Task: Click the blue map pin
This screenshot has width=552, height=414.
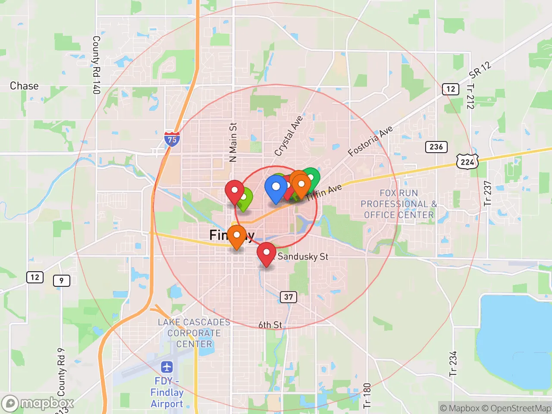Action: pos(276,188)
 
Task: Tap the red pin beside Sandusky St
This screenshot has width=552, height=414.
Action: pos(266,253)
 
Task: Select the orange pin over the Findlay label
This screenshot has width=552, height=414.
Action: pos(236,235)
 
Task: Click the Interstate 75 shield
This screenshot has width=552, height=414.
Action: pos(172,139)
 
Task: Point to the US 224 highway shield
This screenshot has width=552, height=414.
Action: pos(467,162)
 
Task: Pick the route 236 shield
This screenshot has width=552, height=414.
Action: pos(436,147)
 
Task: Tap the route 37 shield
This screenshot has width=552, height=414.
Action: pos(289,297)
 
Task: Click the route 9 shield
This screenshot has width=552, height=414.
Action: pos(61,281)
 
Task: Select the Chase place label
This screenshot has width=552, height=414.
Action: pos(24,86)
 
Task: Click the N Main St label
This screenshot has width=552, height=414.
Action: pos(233,142)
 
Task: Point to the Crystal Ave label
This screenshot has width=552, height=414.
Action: pos(289,135)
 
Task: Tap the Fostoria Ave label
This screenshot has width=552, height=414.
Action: pos(370,141)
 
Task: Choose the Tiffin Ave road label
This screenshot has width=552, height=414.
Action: pos(324,192)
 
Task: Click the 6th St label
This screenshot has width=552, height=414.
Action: pos(270,325)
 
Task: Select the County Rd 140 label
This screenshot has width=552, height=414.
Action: pos(96,65)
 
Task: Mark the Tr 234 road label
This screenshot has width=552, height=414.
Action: pos(453,363)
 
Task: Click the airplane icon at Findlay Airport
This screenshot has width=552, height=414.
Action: pos(167,367)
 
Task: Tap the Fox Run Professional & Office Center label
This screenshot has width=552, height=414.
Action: pos(398,204)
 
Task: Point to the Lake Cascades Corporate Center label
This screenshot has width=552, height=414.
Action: pos(194,333)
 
